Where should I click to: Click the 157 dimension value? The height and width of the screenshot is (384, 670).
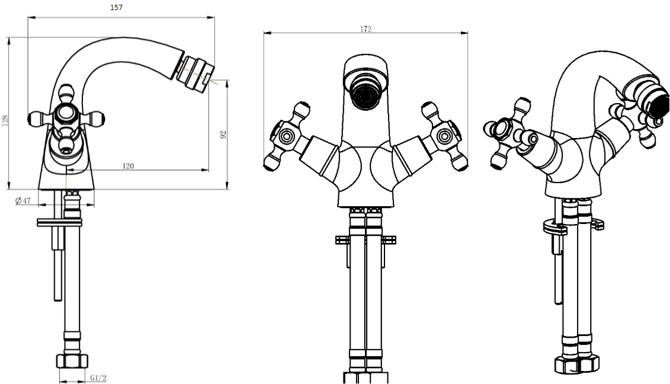116,7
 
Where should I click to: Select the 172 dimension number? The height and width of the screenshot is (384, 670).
366,29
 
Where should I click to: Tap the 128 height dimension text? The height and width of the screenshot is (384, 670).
5,120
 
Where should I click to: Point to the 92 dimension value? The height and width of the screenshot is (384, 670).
223,135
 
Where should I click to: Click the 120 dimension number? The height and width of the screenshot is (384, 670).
128,166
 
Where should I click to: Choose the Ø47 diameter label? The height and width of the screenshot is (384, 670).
23,200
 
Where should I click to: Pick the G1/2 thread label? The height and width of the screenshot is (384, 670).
98,378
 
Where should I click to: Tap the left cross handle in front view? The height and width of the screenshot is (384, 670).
286,136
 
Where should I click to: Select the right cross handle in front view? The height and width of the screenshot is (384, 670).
445,136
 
